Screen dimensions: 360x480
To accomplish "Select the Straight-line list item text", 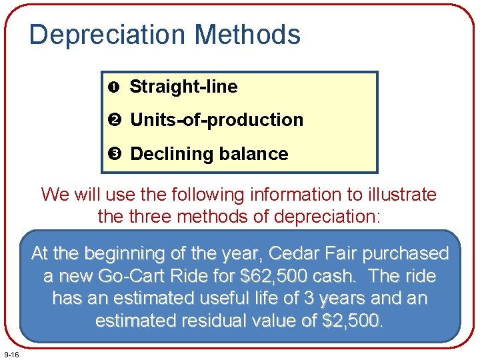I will [183, 87].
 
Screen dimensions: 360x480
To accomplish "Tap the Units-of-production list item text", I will [217, 120].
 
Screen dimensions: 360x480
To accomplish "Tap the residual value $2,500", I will [352, 321].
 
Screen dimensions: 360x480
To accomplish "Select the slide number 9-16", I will [11, 353].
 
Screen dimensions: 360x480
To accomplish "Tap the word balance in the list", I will [256, 154].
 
